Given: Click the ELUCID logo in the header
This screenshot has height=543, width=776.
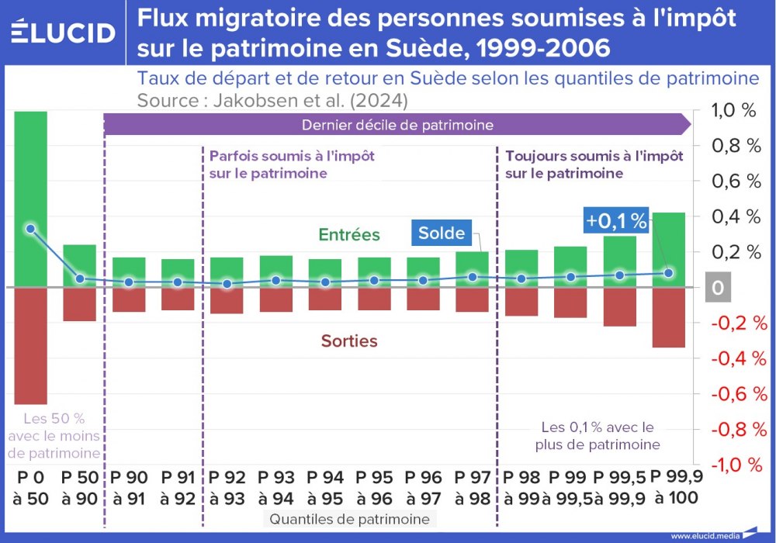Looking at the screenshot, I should (64, 33).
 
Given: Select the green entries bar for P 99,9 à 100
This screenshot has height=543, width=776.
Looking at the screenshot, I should (668, 248).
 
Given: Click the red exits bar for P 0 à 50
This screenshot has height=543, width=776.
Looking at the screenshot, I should (30, 345).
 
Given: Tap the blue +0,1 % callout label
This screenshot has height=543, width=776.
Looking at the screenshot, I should (616, 221).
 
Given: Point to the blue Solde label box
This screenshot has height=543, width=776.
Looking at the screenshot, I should (441, 233).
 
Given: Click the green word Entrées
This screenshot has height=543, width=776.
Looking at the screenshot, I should (349, 234).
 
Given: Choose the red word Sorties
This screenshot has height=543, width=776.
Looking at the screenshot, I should (349, 341).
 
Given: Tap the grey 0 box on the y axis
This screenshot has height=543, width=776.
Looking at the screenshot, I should (717, 288).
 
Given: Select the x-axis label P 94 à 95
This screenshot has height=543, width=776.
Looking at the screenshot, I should (325, 487).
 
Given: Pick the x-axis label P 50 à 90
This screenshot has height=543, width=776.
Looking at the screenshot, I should (79, 487).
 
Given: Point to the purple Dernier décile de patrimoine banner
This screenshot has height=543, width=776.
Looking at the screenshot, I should (396, 124).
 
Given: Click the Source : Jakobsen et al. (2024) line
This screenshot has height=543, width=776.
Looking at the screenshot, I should (272, 101).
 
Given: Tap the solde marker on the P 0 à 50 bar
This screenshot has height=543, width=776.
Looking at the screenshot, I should (30, 229).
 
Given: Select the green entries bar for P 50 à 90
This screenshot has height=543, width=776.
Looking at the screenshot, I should (79, 266).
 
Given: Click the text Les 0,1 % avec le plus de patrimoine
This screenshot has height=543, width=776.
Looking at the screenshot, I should (598, 436).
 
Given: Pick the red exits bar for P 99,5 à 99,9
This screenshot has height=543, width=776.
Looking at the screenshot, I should (619, 306).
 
